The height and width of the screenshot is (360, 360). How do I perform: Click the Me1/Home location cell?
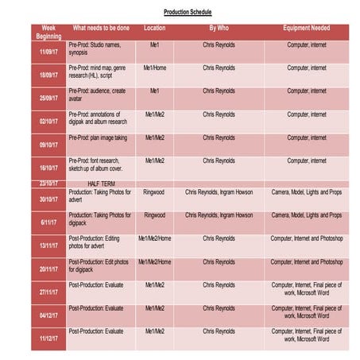point(154,68)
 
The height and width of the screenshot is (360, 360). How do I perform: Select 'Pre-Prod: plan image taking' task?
point(98,137)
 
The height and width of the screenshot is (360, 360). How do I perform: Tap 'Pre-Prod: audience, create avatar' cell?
point(98,95)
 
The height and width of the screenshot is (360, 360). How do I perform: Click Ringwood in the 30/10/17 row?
point(154,192)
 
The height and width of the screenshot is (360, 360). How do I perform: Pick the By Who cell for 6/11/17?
point(219,215)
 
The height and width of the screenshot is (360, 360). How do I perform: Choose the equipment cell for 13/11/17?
point(306,238)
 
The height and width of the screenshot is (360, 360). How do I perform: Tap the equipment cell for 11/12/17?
point(306,335)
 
